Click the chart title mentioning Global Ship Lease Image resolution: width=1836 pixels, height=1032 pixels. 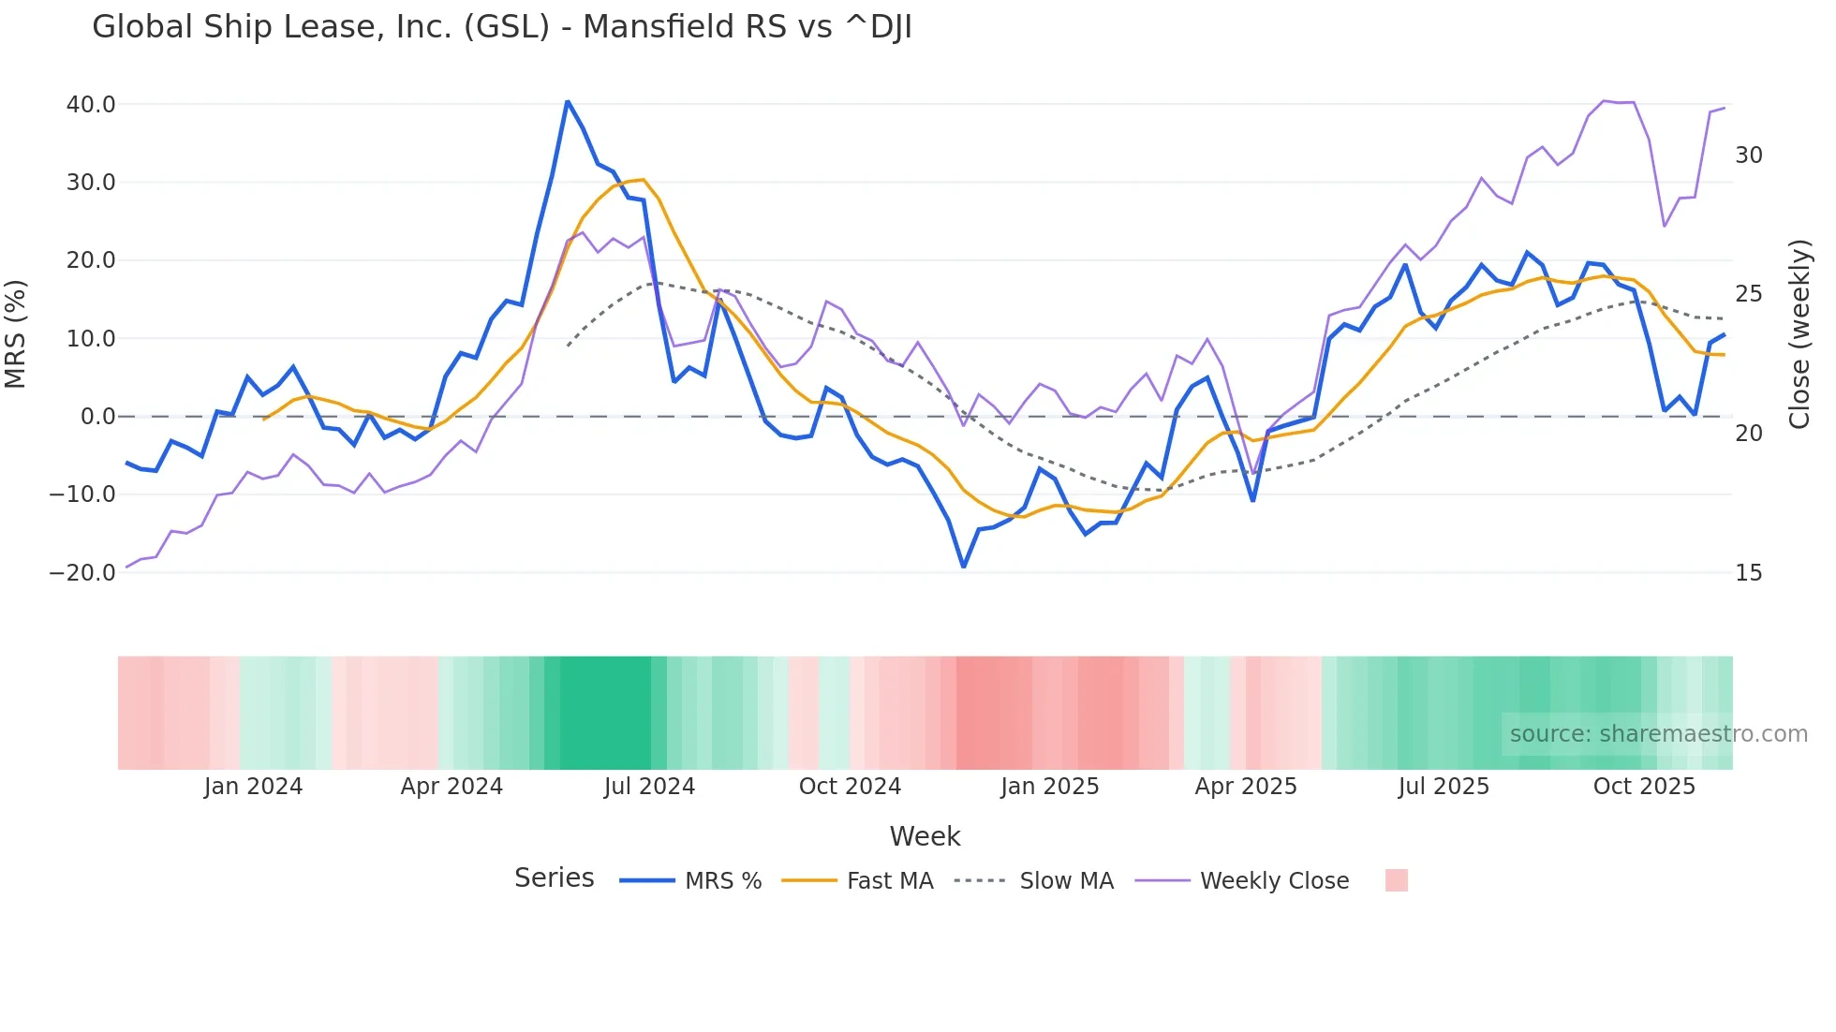tap(501, 27)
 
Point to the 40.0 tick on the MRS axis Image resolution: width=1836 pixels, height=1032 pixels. tap(91, 104)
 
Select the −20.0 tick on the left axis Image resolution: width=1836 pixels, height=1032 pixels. tap(82, 572)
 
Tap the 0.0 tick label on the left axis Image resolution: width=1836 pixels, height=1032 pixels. tap(97, 416)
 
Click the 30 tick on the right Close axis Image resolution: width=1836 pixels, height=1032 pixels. tap(1748, 155)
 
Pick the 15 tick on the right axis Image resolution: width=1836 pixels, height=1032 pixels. tap(1748, 572)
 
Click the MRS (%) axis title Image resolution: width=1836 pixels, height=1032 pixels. tap(16, 333)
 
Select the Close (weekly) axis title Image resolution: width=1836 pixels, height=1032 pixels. tap(1799, 333)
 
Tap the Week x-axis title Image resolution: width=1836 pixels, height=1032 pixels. tap(924, 836)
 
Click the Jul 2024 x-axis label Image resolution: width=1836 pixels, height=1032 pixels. tap(649, 787)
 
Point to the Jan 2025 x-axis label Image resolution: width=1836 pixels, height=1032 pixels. tap(1049, 787)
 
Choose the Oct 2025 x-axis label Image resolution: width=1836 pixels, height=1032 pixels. tap(1644, 787)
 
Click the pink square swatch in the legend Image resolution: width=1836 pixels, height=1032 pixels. tap(1396, 880)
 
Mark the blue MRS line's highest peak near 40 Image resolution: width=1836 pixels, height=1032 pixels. tap(568, 102)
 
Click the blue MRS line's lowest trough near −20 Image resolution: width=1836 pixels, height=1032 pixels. tap(963, 566)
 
